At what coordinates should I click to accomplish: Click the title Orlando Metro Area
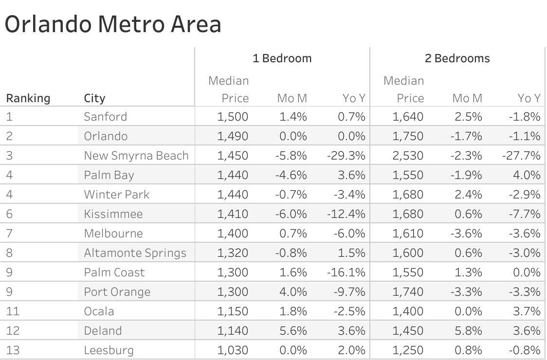pos(113,24)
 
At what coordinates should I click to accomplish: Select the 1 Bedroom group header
pos(282,58)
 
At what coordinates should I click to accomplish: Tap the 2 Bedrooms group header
pos(457,58)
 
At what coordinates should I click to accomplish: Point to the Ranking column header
pos(28,98)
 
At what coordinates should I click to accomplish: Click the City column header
pos(94,98)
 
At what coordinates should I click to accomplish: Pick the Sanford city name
pos(105,117)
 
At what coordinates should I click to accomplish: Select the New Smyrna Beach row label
pos(136,156)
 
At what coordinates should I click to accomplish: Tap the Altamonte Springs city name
pos(135,253)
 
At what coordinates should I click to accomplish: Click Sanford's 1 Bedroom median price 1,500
pos(233,117)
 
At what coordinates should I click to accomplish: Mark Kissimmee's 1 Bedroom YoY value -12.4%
pos(346,214)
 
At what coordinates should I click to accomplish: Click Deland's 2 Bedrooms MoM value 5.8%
pos(469,331)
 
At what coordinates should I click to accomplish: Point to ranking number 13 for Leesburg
pos(13,350)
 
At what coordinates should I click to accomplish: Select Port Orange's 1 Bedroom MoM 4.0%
pos(293,292)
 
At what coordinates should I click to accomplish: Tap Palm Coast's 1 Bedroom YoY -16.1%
pos(346,272)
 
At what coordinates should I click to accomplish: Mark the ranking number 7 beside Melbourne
pos(9,234)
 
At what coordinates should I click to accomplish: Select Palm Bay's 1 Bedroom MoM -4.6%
pos(292,175)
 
